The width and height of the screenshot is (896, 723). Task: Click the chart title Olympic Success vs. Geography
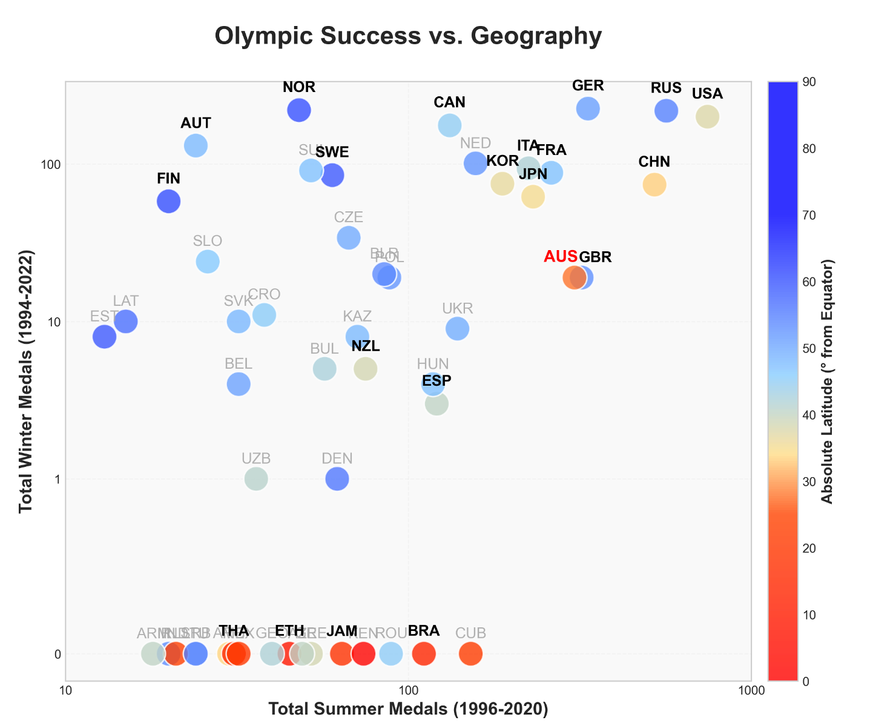[x=408, y=36]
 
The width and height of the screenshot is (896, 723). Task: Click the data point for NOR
[x=299, y=110]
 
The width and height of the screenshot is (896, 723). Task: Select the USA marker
[x=707, y=116]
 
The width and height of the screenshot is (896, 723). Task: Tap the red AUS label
[x=561, y=256]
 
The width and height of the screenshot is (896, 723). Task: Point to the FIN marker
[x=168, y=201]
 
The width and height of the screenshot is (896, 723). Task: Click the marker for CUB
[x=470, y=654]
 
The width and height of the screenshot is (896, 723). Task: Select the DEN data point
[x=337, y=478]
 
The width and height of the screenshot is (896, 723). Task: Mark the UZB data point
[x=256, y=478]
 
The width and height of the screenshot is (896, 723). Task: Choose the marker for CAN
[x=449, y=125]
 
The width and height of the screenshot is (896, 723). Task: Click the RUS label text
[x=666, y=88]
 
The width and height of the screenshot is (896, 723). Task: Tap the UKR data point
[x=457, y=328]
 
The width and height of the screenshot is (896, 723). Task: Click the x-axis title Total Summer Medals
[x=408, y=709]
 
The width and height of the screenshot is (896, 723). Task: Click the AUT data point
[x=196, y=145]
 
